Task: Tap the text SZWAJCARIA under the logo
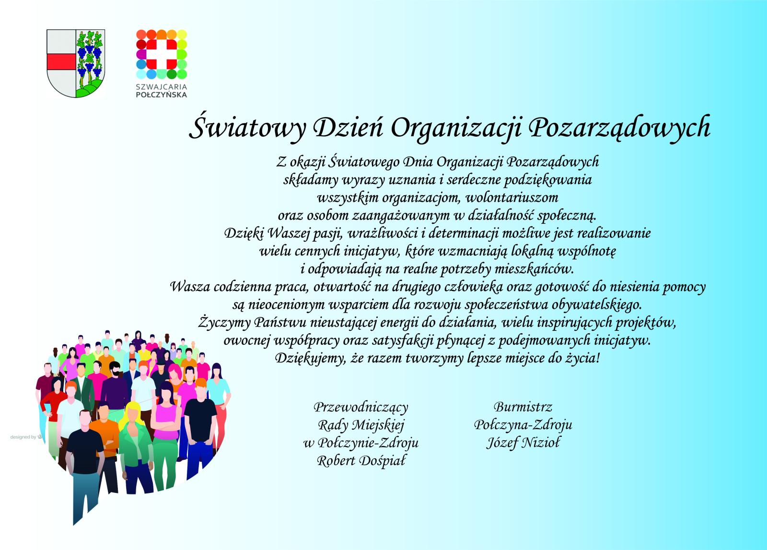pyautogui.click(x=162, y=87)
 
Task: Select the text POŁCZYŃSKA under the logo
pyautogui.click(x=162, y=95)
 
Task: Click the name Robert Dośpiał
pyautogui.click(x=361, y=461)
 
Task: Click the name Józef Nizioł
pyautogui.click(x=523, y=443)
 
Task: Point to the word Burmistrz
pyautogui.click(x=523, y=407)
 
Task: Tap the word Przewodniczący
pyautogui.click(x=360, y=407)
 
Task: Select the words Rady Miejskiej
pyautogui.click(x=361, y=425)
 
